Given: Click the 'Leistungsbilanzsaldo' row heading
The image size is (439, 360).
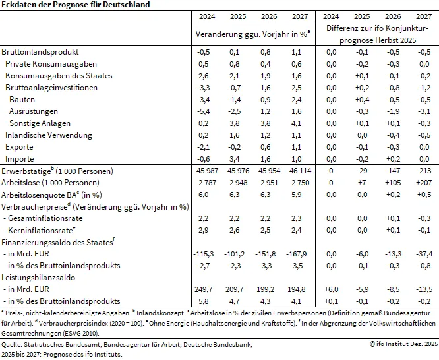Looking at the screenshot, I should (x=37, y=278).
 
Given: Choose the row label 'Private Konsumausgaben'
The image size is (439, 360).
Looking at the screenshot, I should (x=51, y=64).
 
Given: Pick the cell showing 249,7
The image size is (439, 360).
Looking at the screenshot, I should (x=204, y=289).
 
